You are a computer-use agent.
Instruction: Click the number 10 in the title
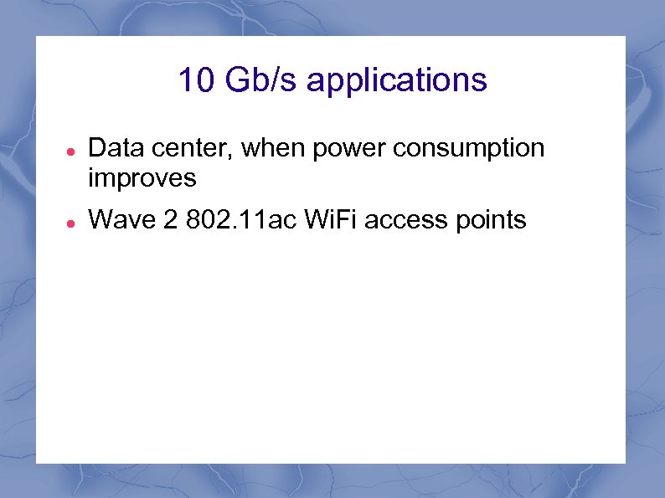(x=195, y=80)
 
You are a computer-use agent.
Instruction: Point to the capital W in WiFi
(x=315, y=221)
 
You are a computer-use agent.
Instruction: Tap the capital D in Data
(x=96, y=149)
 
